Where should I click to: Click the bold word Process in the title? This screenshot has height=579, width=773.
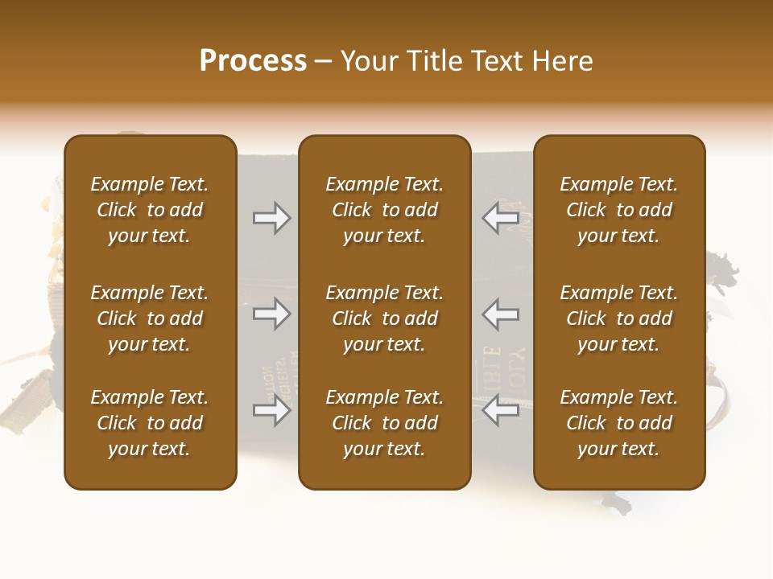pyautogui.click(x=253, y=61)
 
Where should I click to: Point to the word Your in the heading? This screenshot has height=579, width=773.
pyautogui.click(x=370, y=61)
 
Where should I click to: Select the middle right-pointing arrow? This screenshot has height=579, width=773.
pyautogui.click(x=272, y=314)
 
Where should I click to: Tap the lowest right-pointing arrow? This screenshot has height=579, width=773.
pyautogui.click(x=272, y=411)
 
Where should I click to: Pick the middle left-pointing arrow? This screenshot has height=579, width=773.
pyautogui.click(x=500, y=314)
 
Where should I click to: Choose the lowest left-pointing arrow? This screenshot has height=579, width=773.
pyautogui.click(x=500, y=411)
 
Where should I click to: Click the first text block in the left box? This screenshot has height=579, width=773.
pyautogui.click(x=150, y=210)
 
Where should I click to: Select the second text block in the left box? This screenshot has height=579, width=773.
pyautogui.click(x=150, y=318)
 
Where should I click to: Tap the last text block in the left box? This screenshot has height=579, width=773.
pyautogui.click(x=150, y=423)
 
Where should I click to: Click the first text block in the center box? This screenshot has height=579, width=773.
pyautogui.click(x=384, y=210)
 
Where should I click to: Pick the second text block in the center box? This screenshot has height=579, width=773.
pyautogui.click(x=384, y=318)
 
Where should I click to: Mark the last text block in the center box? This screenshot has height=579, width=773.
pyautogui.click(x=384, y=423)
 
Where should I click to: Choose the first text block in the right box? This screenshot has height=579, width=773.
pyautogui.click(x=618, y=210)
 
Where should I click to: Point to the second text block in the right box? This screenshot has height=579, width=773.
pyautogui.click(x=618, y=318)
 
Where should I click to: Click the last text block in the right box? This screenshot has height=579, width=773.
pyautogui.click(x=618, y=423)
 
